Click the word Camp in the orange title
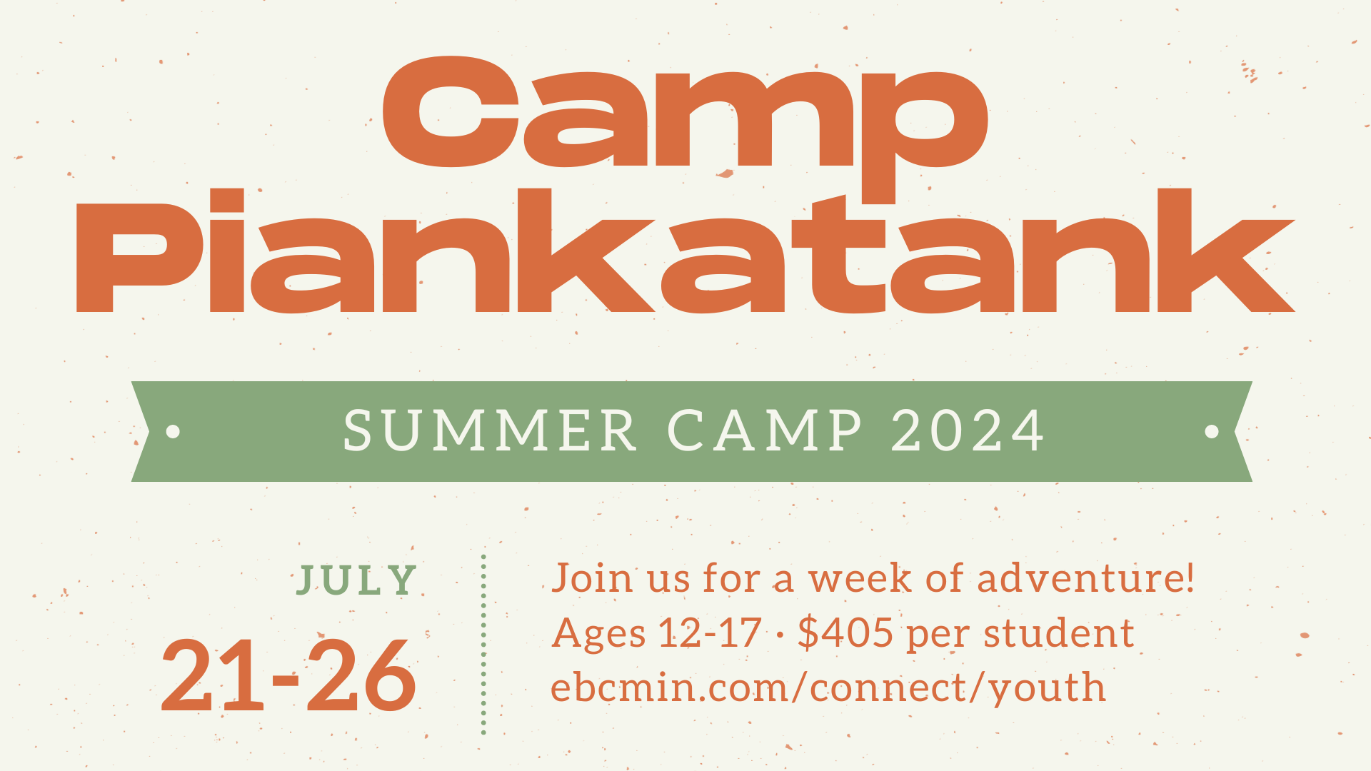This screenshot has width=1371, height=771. coord(685,121)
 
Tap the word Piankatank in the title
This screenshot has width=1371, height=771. coord(685,251)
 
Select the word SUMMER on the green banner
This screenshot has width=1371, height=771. coord(490,430)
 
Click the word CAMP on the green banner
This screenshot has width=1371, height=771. coord(765,430)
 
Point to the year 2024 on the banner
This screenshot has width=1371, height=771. coord(968,430)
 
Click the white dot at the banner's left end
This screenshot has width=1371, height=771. coord(173,431)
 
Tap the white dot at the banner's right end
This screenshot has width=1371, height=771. coord(1212,431)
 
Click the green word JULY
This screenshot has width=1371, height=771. coord(356,580)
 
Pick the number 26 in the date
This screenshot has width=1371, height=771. coord(361,675)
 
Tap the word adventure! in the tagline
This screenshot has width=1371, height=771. coord(1085,578)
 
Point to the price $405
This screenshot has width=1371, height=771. coord(845,633)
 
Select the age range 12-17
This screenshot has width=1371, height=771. coord(710,633)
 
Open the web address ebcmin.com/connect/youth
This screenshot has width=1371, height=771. coord(828,688)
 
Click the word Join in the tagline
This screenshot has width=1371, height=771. coord(593,578)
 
